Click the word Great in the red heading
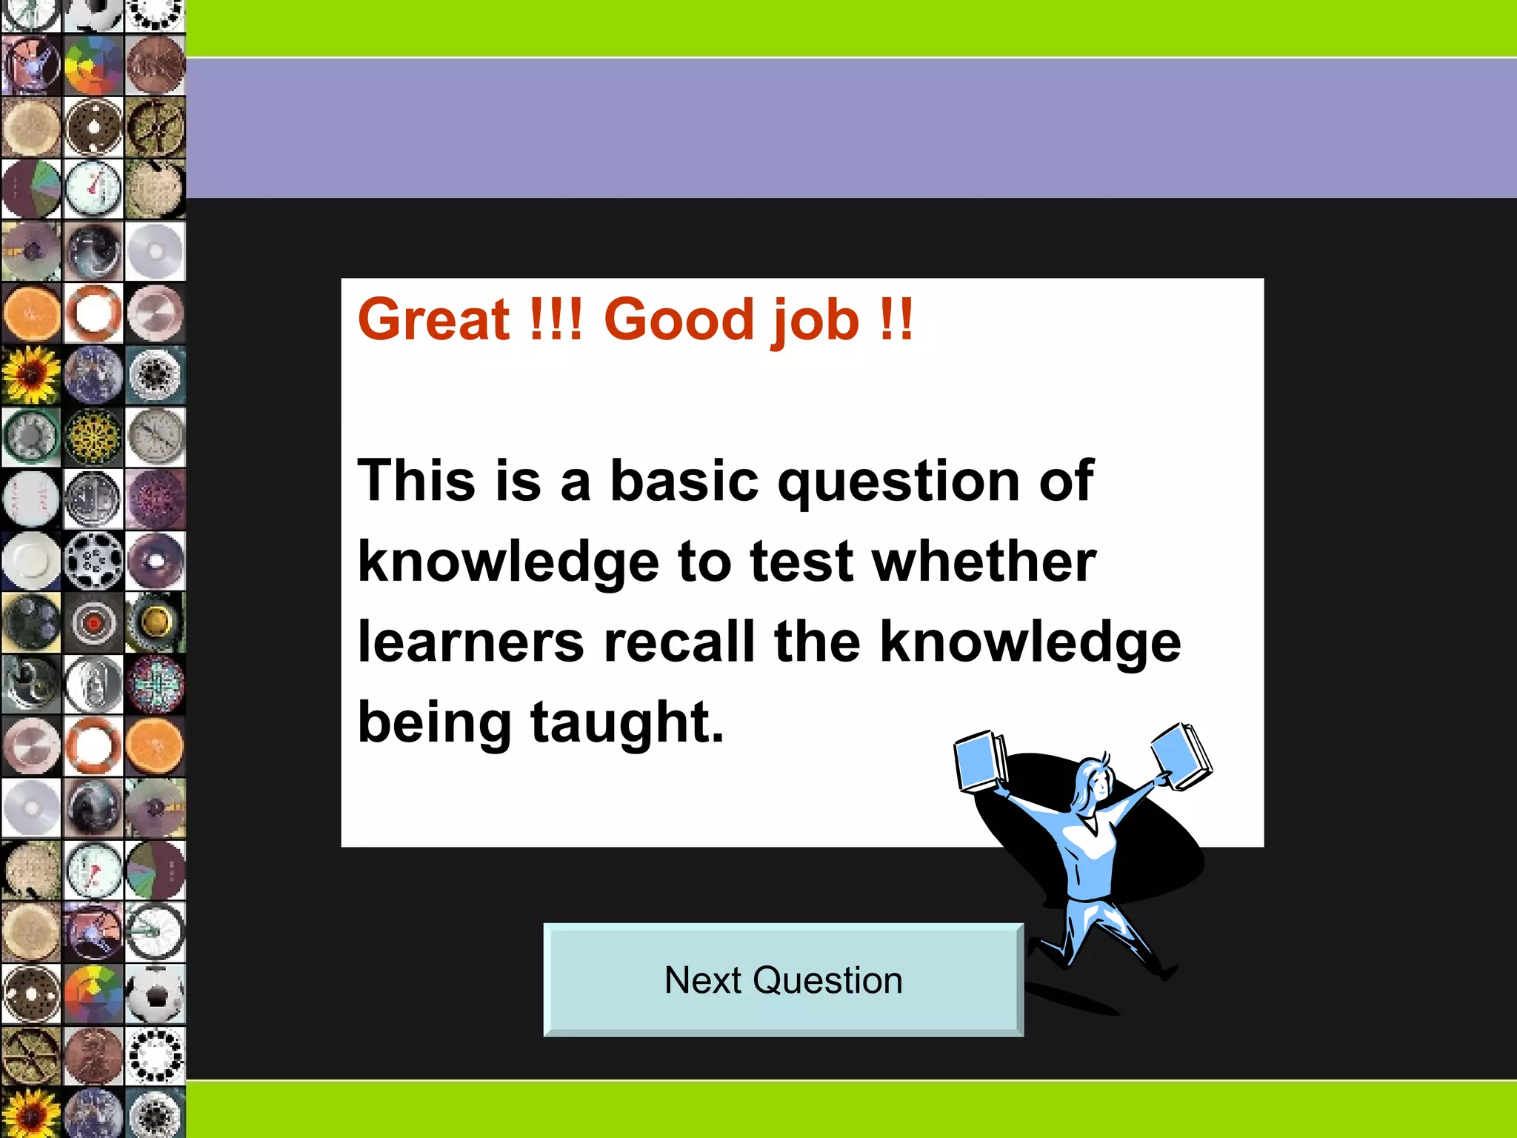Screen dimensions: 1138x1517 433,320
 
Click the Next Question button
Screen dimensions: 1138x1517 783,979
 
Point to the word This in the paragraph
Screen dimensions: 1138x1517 416,480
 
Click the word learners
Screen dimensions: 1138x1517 470,642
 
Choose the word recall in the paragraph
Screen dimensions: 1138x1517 679,642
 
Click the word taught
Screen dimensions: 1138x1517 627,723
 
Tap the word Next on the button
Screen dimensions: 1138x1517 703,980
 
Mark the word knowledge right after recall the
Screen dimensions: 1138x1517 1030,642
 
